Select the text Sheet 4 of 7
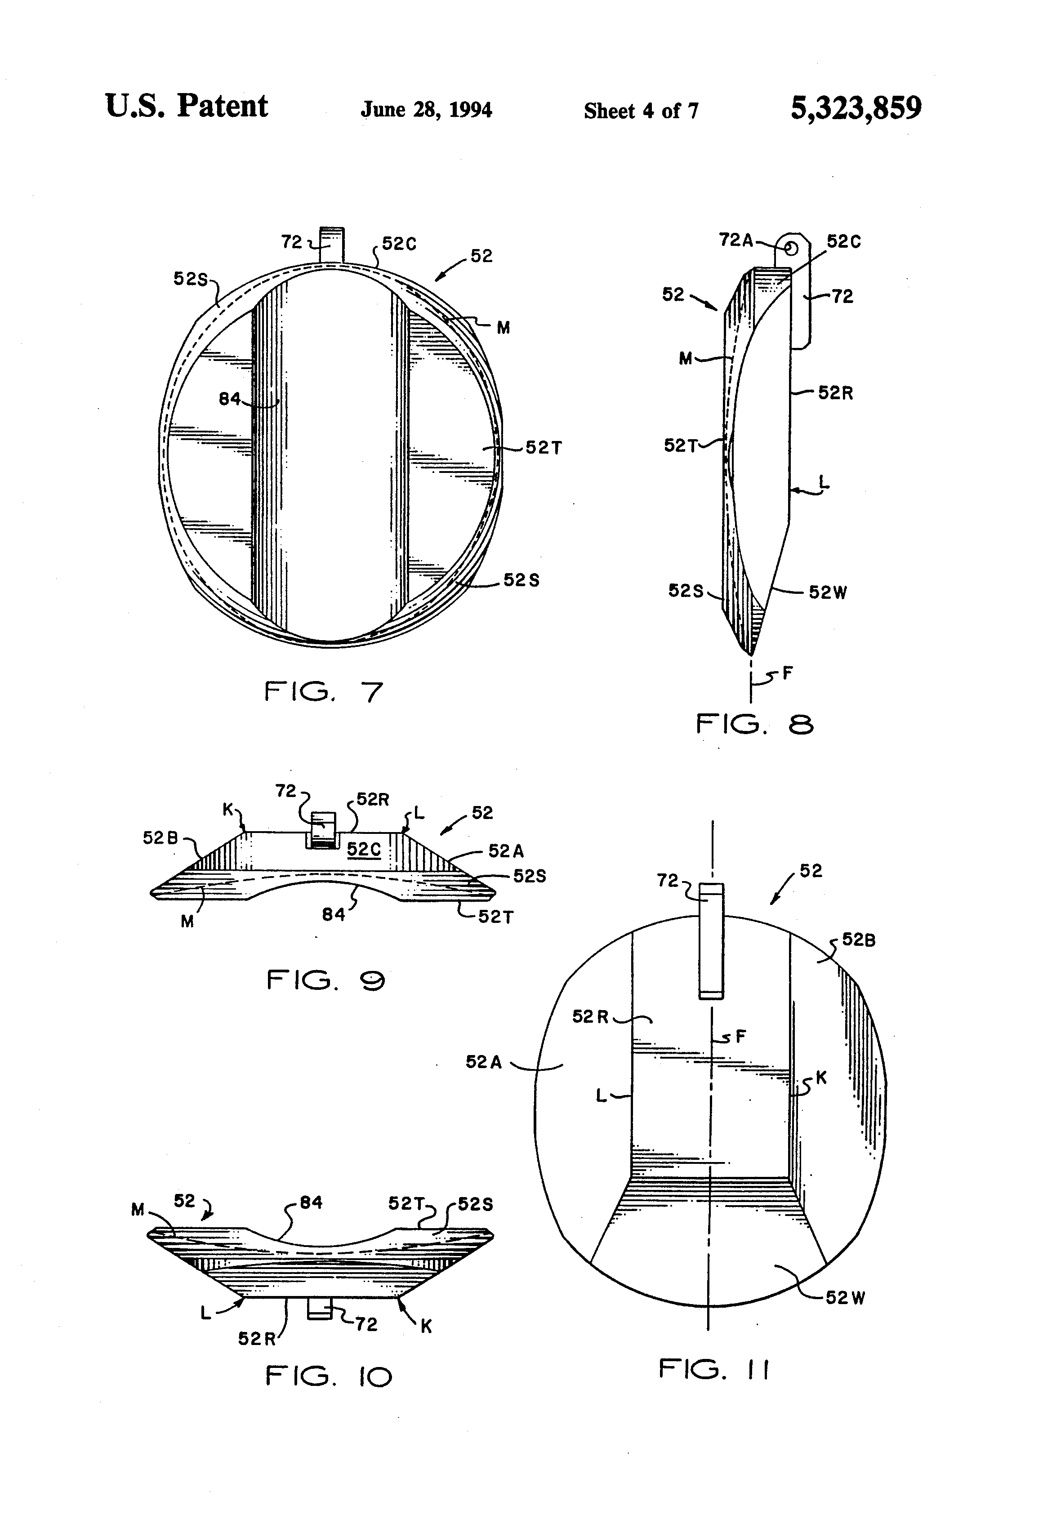[x=640, y=111]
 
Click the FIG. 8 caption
[x=754, y=725]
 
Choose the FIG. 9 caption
[x=325, y=981]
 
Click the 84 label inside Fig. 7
[x=229, y=399]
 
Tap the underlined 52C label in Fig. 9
[x=364, y=849]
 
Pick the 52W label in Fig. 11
[x=845, y=1297]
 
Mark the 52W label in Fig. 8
[x=828, y=592]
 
